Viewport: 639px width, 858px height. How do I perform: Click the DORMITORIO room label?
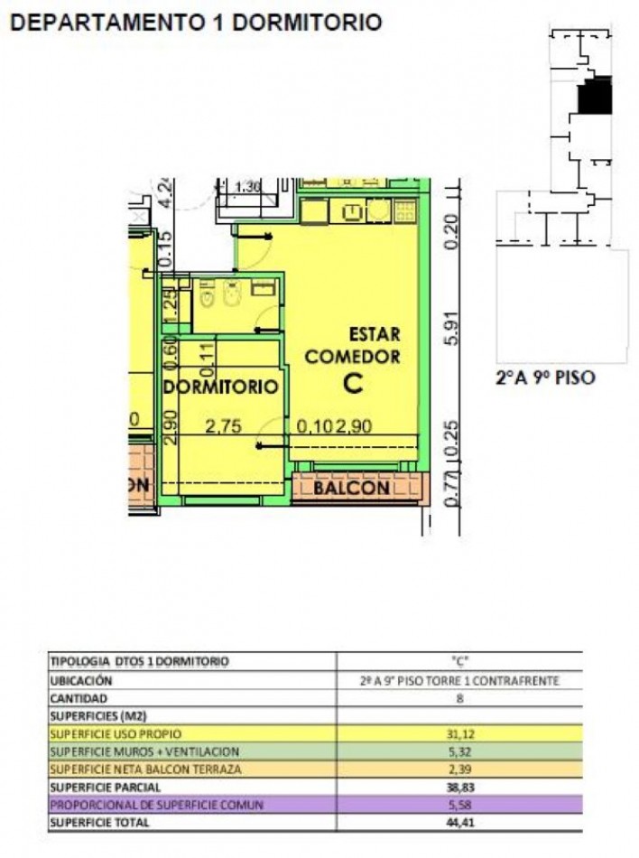pyautogui.click(x=219, y=387)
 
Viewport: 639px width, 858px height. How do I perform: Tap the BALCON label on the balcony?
pyautogui.click(x=351, y=489)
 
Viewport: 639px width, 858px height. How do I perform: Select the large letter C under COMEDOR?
pyautogui.click(x=353, y=383)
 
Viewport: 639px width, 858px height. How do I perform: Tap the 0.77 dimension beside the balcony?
pyautogui.click(x=452, y=487)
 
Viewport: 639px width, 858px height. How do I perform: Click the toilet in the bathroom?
pyautogui.click(x=207, y=294)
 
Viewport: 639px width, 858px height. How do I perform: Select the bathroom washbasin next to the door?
pyautogui.click(x=264, y=290)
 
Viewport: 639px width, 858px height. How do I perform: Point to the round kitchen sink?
pyautogui.click(x=377, y=211)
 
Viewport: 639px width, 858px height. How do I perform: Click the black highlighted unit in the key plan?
pyautogui.click(x=595, y=96)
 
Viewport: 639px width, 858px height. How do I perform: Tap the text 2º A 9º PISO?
pyautogui.click(x=545, y=378)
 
